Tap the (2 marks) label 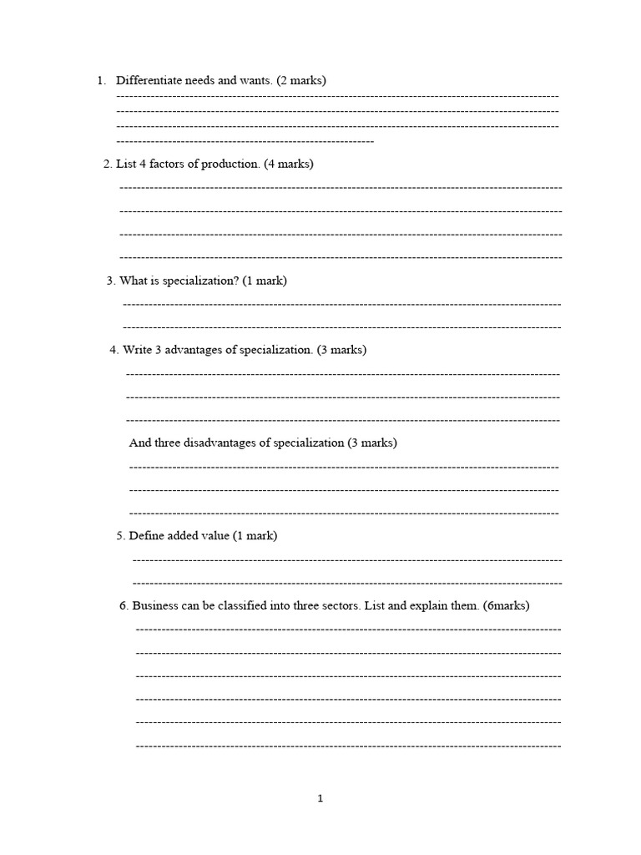[x=301, y=81]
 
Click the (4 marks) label [x=289, y=164]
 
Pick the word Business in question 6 [x=155, y=605]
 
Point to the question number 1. [x=100, y=81]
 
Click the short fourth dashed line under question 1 [x=245, y=141]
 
